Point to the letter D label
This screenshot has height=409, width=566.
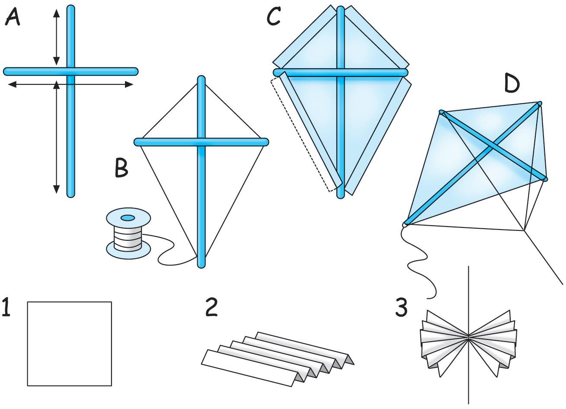(x=512, y=84)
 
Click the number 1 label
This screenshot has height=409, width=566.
(x=6, y=307)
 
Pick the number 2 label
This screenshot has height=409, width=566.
(x=211, y=307)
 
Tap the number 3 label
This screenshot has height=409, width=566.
(x=401, y=307)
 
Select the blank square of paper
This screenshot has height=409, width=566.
(x=70, y=344)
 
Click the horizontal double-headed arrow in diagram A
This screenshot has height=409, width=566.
(x=70, y=84)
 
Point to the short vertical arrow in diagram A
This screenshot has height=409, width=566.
(x=56, y=37)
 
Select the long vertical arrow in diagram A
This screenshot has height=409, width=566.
(x=56, y=137)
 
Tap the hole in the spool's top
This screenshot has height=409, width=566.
(x=128, y=217)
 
